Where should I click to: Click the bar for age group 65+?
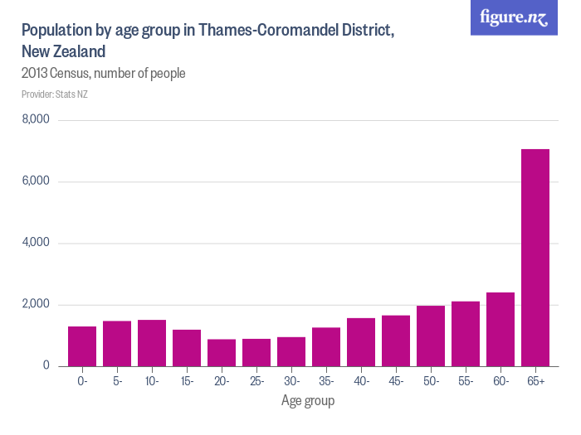tap(535, 258)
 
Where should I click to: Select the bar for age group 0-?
tap(82, 346)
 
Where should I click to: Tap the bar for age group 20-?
tap(222, 353)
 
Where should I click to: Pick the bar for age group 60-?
tap(500, 329)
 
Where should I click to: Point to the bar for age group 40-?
tap(361, 342)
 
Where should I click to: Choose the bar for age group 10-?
tap(152, 343)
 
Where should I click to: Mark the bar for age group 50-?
tap(431, 336)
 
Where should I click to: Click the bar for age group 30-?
tap(291, 352)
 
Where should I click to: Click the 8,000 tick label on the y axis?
tap(36, 120)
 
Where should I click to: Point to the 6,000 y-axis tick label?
tap(36, 181)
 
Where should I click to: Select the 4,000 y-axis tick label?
tap(36, 243)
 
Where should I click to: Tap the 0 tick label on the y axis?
tap(46, 366)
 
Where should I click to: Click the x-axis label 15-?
tap(187, 381)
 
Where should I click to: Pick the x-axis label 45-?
tap(396, 381)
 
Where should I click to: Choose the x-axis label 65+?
tap(535, 381)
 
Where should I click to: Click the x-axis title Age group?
tap(308, 401)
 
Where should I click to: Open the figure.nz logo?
tap(514, 17)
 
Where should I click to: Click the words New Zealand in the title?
tap(63, 51)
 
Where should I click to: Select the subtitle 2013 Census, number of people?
tap(103, 74)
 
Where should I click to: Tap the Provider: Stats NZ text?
tap(55, 94)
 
